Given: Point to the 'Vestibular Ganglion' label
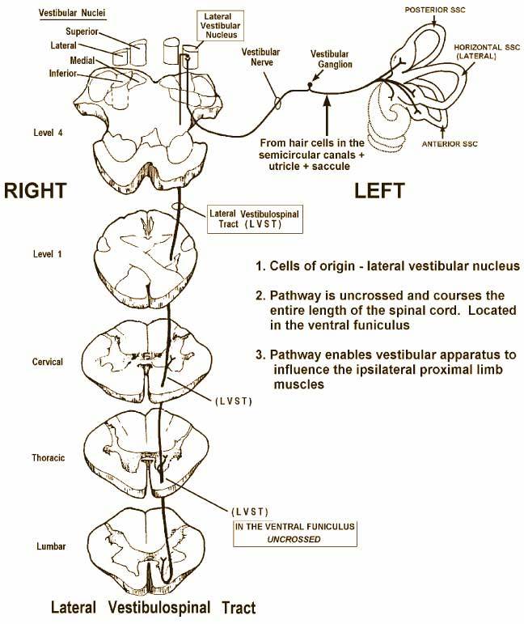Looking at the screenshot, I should pyautogui.click(x=331, y=58).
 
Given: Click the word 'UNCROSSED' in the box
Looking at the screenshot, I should pyautogui.click(x=294, y=539).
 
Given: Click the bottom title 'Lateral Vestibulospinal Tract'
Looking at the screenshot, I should pyautogui.click(x=153, y=606).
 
